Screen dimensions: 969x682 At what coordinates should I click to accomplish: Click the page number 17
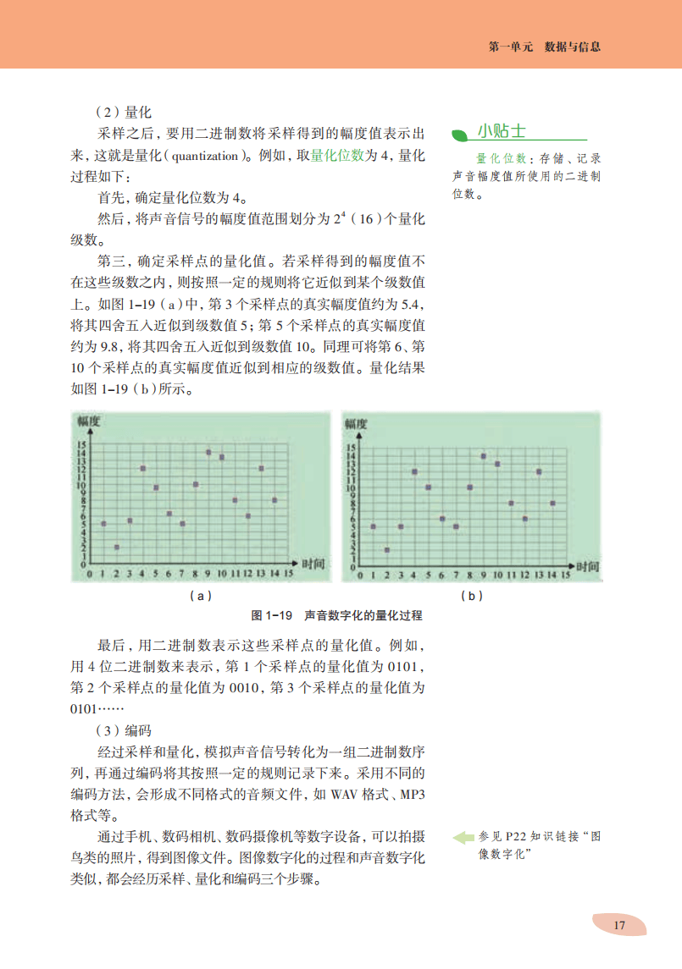point(619,925)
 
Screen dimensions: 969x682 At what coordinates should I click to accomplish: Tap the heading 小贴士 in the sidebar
point(502,131)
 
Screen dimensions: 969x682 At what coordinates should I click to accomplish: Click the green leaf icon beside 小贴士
point(459,134)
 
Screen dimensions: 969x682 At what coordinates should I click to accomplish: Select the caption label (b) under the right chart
point(472,596)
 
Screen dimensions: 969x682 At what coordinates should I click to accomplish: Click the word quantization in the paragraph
point(209,156)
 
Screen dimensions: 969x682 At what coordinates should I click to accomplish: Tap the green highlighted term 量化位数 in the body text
point(338,156)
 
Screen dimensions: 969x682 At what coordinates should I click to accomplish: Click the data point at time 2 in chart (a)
point(116,547)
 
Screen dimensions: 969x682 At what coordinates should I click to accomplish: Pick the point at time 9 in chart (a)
point(208,452)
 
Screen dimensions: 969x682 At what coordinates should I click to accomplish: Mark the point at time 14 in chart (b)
point(552,504)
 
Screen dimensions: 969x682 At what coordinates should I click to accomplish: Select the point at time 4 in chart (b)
point(414,471)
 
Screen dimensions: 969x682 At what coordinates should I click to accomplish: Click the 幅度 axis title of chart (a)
point(90,421)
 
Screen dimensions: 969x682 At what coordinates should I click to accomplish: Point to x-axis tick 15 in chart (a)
point(288,574)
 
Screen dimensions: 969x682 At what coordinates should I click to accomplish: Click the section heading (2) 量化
point(123,111)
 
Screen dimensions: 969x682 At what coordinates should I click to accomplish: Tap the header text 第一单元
point(510,47)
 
